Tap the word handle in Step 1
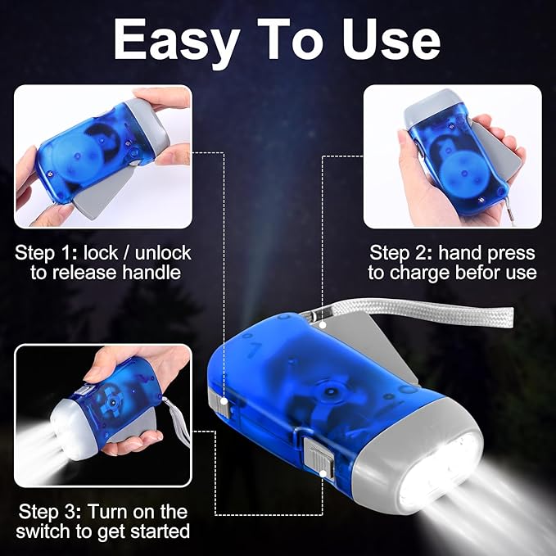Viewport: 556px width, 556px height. [x=152, y=273]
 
